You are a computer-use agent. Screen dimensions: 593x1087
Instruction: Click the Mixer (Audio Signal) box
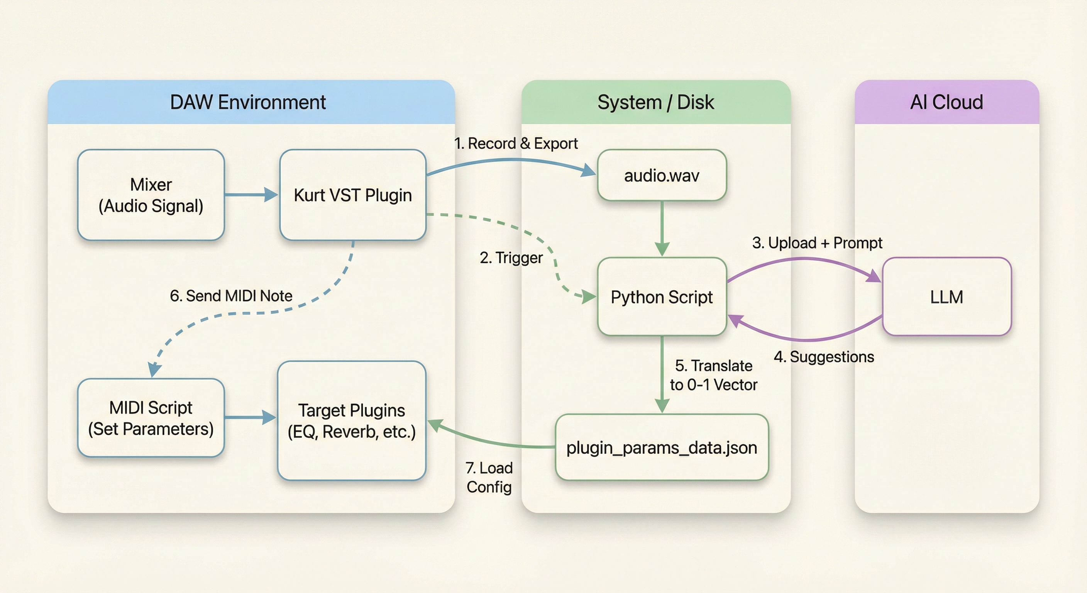(x=151, y=195)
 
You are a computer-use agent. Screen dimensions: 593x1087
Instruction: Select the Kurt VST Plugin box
(x=353, y=195)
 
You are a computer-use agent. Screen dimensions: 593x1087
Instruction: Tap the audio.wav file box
(x=662, y=175)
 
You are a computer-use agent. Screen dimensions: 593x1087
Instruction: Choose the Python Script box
(x=662, y=297)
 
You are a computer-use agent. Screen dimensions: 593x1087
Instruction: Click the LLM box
(x=946, y=297)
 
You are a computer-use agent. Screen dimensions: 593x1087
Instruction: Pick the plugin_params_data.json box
(x=662, y=447)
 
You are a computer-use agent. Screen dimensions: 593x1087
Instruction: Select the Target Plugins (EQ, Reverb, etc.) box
(x=352, y=421)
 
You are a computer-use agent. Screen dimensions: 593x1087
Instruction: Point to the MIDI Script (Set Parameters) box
(x=151, y=418)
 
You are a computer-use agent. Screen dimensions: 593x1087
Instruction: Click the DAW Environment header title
(x=248, y=102)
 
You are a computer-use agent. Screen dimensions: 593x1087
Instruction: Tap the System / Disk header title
(x=656, y=102)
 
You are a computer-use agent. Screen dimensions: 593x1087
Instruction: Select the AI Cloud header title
(x=946, y=102)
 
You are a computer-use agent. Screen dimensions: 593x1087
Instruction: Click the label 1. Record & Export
(x=516, y=144)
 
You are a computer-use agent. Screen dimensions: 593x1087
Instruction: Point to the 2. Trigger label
(x=511, y=258)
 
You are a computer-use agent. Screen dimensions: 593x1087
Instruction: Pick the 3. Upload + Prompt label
(x=817, y=243)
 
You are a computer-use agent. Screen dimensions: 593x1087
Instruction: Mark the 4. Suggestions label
(x=824, y=357)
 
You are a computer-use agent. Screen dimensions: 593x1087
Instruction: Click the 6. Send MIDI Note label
(x=231, y=296)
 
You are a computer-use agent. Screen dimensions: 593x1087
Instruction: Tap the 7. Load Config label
(x=489, y=477)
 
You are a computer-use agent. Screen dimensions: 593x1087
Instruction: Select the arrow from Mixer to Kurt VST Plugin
(x=251, y=195)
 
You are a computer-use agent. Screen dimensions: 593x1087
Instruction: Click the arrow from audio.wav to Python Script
(x=662, y=228)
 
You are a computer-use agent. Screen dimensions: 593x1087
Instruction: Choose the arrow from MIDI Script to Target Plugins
(x=250, y=417)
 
